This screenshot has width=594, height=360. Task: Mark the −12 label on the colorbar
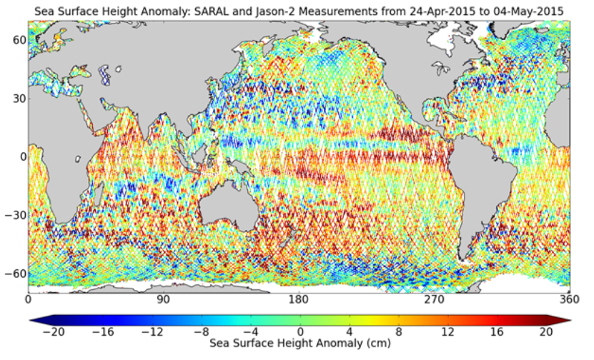pos(148,332)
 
